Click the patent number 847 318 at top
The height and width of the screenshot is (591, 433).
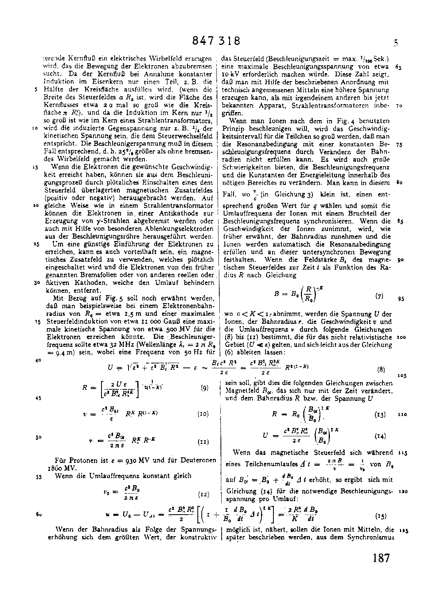[x=216, y=41]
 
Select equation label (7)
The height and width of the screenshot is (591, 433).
[x=379, y=296]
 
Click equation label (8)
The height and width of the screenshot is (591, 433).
[x=381, y=369]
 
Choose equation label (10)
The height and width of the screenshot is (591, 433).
[x=203, y=414]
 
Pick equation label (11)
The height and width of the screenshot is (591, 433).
[x=203, y=441]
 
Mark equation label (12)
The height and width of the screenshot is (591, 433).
[x=203, y=494]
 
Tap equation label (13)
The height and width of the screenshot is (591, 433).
[x=380, y=414]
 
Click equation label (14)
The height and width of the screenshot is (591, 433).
[x=380, y=436]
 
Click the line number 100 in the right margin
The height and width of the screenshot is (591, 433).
[x=401, y=337]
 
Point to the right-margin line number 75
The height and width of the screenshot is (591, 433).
[x=400, y=145]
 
